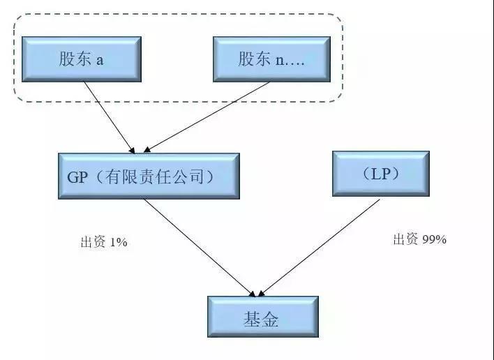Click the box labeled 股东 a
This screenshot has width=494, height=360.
click(82, 59)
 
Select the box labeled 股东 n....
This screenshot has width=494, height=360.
click(272, 59)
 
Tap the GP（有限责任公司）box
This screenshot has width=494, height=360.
click(149, 176)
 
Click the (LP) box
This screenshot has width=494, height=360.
click(381, 174)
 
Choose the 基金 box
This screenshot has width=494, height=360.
click(263, 317)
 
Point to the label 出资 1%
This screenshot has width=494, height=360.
click(104, 242)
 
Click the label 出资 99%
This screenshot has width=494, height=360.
click(419, 239)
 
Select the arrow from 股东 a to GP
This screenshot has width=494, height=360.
click(110, 117)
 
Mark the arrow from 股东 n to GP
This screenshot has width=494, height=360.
click(207, 117)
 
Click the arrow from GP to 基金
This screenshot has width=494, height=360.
click(200, 248)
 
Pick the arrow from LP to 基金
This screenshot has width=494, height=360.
click(319, 248)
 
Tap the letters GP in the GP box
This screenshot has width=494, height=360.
click(77, 177)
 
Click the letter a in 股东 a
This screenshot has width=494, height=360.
click(100, 61)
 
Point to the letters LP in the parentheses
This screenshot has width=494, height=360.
click(381, 174)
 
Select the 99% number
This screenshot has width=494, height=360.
click(434, 240)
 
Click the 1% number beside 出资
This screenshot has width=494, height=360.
click(119, 242)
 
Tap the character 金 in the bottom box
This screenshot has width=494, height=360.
click(270, 319)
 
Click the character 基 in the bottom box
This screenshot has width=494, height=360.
click(252, 319)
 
